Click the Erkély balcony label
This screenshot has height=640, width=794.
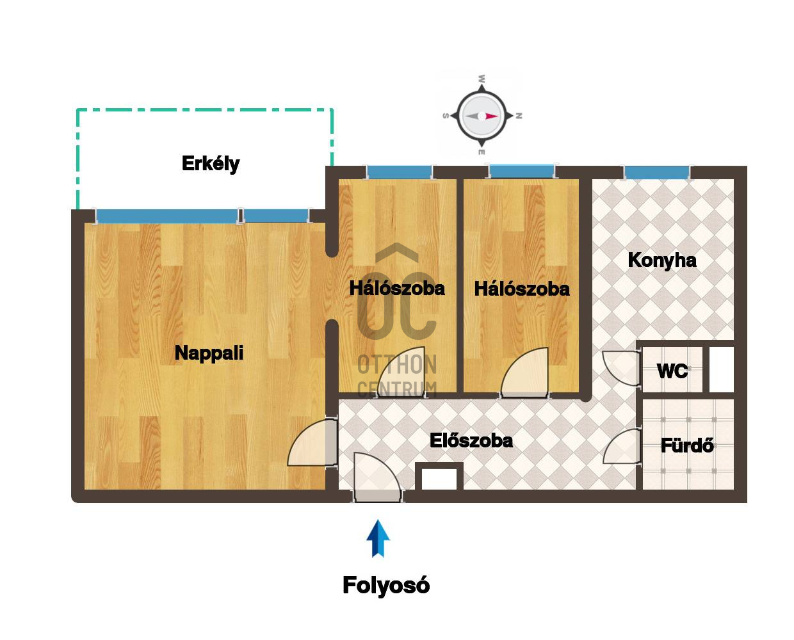pos(211,164)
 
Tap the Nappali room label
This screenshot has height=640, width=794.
pos(209,353)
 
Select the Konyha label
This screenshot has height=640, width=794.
pos(662,260)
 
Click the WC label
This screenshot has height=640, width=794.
pos(672,371)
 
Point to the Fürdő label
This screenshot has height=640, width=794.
pos(687,445)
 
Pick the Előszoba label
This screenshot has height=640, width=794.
pos(471,441)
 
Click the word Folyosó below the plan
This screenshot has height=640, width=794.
pos(386,586)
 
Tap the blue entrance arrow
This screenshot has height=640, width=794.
pos(378,538)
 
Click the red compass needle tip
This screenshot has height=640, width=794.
pos(498,116)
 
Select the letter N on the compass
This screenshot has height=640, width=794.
pos(519,116)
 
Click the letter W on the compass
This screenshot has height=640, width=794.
pos(482,79)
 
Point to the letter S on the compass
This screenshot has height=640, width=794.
pos(445,116)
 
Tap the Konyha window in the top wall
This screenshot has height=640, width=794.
pos(657,173)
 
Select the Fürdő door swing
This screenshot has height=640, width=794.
pos(621,446)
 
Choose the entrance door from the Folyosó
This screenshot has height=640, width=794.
pos(377,477)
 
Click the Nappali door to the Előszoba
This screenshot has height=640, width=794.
pos(312,443)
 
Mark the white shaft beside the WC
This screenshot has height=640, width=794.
pos(721,369)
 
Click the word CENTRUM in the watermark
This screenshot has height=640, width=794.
pos(397,389)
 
